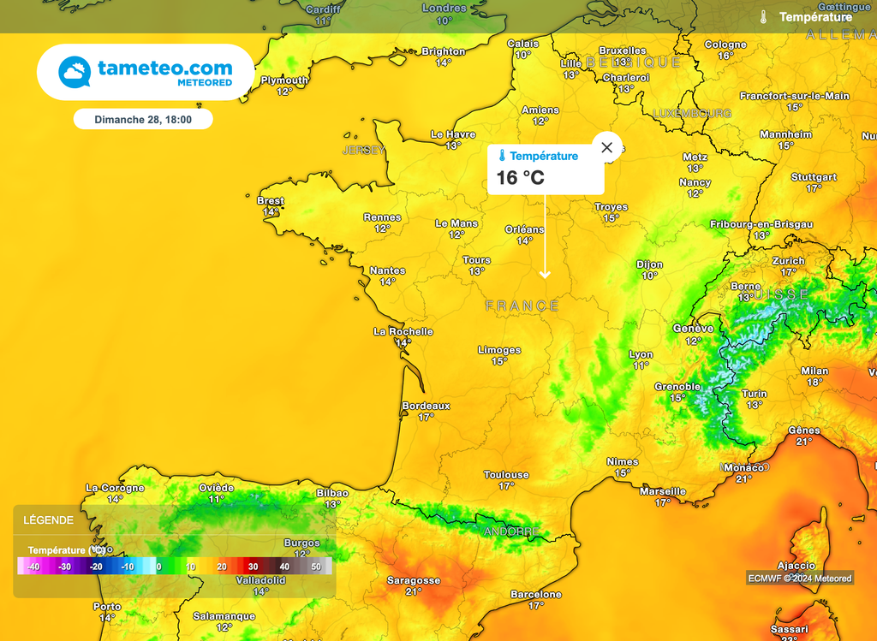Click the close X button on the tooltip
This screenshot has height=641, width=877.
pos(607,147)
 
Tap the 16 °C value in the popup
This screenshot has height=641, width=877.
pos(521,178)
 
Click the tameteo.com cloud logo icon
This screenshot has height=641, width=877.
pos(75,73)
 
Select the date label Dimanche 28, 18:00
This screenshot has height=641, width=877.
pos(143,120)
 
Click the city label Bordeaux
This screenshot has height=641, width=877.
pos(426,406)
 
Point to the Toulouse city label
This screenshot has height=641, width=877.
pos(506,475)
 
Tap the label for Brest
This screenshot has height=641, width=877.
pos(271,201)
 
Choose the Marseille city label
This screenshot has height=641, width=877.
pos(663,491)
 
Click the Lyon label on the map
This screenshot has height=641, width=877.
pos(641,354)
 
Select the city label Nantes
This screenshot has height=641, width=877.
pos(387,271)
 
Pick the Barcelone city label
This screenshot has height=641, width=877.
pos(536,594)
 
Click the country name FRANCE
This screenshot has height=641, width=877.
pos(522,306)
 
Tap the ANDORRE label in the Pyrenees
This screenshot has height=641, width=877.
pos(512,531)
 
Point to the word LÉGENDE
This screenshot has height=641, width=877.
pos(48,520)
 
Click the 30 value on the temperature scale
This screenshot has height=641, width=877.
pos(253,567)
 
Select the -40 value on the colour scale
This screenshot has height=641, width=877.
pos(33,567)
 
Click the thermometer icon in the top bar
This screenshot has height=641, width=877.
pos(763,16)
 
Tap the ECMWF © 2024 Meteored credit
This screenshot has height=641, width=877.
pos(799,579)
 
